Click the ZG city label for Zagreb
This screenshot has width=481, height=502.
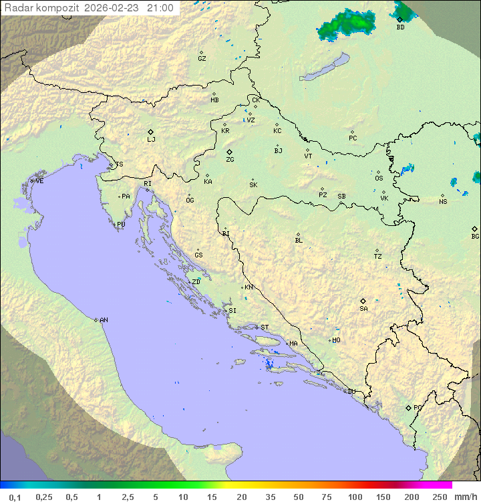[230, 160]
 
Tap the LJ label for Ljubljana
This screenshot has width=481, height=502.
[151, 140]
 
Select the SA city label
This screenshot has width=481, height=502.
[363, 309]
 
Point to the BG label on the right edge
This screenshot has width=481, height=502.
[475, 237]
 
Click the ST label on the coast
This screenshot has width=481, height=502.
[265, 328]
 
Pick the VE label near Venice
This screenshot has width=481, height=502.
[39, 181]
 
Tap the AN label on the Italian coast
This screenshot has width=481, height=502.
[104, 320]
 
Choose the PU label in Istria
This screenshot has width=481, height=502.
[121, 225]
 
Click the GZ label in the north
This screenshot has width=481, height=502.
[202, 59]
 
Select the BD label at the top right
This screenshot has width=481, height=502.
[400, 27]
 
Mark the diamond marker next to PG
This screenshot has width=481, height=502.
[408, 408]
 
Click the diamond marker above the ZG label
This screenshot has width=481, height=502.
[229, 152]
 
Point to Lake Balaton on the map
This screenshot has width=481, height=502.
[323, 69]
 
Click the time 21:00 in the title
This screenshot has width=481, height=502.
[161, 8]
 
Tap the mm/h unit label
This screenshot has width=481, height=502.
[464, 497]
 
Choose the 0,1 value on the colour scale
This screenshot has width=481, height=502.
[15, 497]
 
